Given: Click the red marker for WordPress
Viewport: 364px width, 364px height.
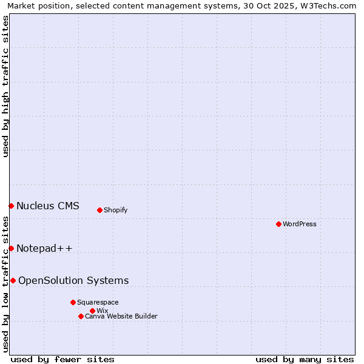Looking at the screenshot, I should [278, 224].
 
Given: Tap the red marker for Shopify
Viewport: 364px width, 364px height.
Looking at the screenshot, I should [99, 210].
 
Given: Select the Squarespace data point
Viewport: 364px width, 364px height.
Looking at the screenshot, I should [73, 302].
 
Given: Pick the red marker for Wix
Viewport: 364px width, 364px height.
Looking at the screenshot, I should [92, 311].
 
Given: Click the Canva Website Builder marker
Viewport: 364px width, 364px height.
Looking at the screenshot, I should [81, 316].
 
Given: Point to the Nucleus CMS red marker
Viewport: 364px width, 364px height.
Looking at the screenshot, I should [11, 206].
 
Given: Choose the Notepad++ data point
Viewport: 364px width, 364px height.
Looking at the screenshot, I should [11, 248].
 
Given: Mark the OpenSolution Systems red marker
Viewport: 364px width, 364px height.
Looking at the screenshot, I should [13, 280].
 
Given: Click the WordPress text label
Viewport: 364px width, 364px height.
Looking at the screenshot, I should [300, 224].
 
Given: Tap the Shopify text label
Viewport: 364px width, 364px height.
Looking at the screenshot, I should [116, 210].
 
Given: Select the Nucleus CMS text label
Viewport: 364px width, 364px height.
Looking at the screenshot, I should [48, 206].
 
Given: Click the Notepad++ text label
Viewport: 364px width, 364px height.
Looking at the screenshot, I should [44, 248].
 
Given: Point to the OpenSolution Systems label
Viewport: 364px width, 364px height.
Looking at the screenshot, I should [73, 280].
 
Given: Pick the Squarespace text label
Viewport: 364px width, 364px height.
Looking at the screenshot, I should [98, 302].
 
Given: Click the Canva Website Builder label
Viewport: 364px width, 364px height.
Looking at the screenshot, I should [121, 316].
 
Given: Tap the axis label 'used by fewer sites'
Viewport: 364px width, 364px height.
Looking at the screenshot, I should [62, 359].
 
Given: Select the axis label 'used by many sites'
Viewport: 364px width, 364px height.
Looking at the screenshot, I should [305, 359].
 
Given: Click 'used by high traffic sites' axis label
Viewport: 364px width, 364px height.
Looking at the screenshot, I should [5, 86].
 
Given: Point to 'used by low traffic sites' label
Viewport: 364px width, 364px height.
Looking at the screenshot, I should [5, 284].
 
